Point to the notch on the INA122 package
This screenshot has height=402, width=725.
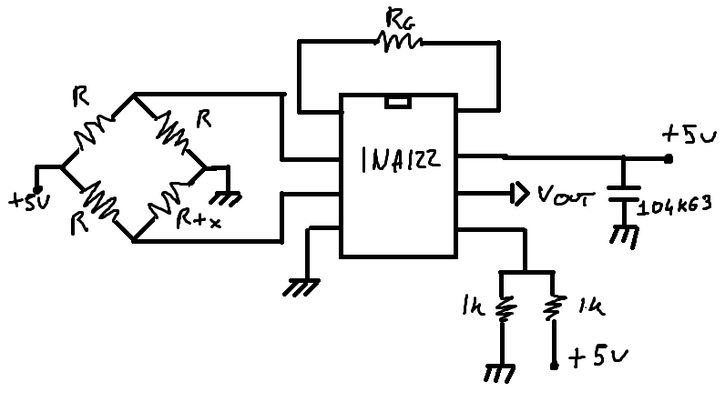(398, 102)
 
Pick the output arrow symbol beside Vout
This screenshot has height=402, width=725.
(518, 193)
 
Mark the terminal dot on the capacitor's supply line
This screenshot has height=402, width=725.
(669, 158)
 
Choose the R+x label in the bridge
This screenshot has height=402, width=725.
(198, 219)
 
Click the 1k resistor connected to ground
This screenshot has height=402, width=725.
(501, 309)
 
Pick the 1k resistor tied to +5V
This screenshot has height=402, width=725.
(553, 309)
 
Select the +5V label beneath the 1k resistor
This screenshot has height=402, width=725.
(592, 358)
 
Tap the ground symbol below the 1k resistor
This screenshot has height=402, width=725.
(500, 372)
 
